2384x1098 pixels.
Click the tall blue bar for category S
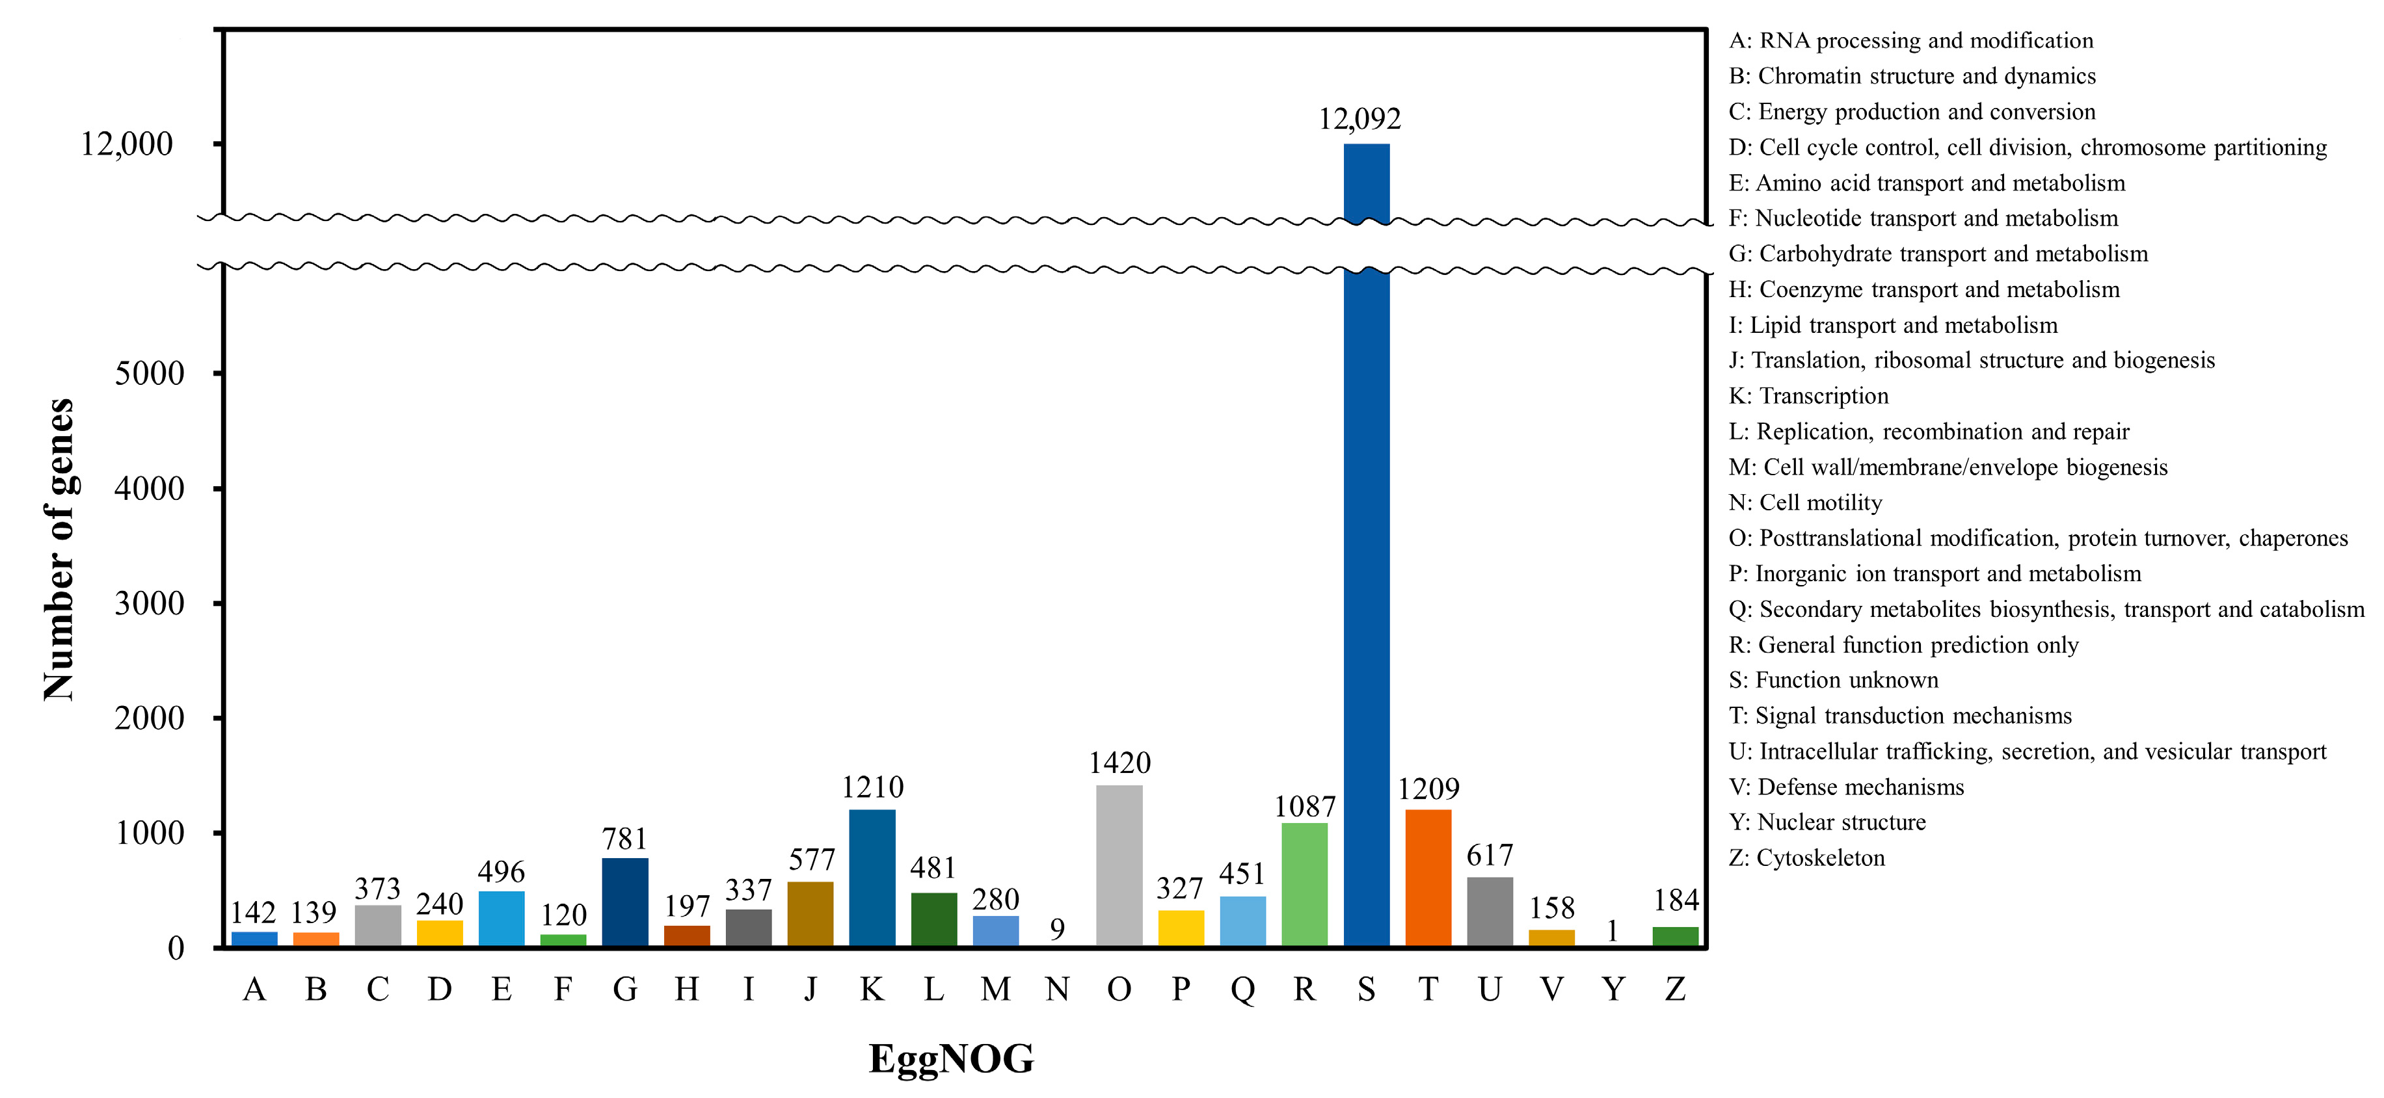pyautogui.click(x=1366, y=601)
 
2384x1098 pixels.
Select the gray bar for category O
pyautogui.click(x=1119, y=865)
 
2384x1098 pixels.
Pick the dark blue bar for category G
pyautogui.click(x=624, y=901)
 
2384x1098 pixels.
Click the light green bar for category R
pyautogui.click(x=1304, y=883)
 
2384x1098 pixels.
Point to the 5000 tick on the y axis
pyautogui.click(x=149, y=374)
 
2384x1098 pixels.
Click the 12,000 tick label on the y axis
pyautogui.click(x=127, y=144)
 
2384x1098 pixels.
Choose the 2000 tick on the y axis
pyautogui.click(x=149, y=718)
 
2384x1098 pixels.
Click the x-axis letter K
pyautogui.click(x=872, y=989)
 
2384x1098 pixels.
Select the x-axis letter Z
pyautogui.click(x=1675, y=989)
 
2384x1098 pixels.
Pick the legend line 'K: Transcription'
pyautogui.click(x=1808, y=396)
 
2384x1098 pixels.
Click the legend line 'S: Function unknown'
pyautogui.click(x=1833, y=680)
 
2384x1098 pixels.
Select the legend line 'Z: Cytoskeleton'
pyautogui.click(x=1806, y=857)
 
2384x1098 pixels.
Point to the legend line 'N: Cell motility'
pyautogui.click(x=1804, y=503)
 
